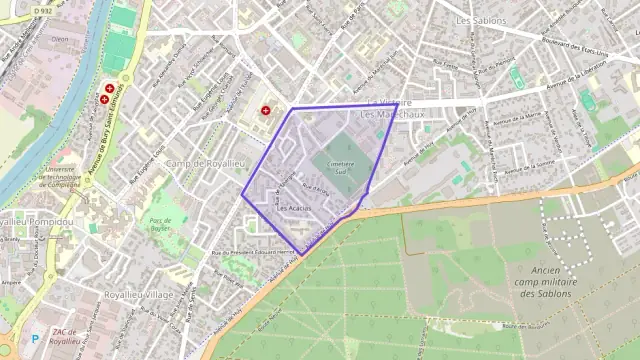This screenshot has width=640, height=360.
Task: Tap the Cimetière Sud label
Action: pos(337,167)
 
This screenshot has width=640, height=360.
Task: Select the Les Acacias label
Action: pos(293,207)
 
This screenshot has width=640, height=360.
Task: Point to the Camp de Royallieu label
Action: pos(205,163)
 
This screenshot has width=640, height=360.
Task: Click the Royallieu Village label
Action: pos(138,295)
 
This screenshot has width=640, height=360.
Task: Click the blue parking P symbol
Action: pos(35,339)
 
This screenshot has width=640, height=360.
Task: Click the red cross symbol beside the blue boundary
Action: pos(266,110)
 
